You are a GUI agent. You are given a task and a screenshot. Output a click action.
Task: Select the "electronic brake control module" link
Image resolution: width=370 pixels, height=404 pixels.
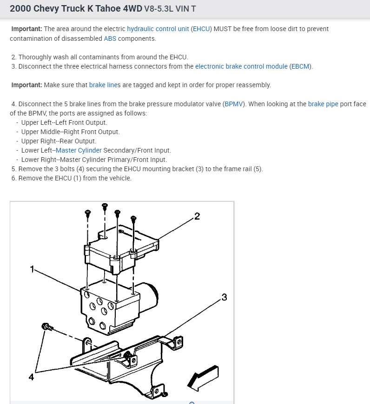click(241, 66)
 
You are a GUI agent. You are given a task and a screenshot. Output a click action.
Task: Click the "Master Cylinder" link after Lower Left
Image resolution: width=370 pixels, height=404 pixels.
click(79, 150)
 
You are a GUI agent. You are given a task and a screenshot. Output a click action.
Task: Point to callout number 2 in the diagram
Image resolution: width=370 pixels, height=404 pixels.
click(197, 216)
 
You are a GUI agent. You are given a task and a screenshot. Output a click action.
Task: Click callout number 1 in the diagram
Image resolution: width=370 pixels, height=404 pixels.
click(32, 269)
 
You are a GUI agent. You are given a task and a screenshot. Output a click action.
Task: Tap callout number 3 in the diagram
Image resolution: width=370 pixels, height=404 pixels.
click(224, 297)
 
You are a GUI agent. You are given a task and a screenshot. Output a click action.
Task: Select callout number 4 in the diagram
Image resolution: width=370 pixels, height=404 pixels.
click(31, 377)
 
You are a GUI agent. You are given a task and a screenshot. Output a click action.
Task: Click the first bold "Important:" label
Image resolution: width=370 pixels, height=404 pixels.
click(26, 29)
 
